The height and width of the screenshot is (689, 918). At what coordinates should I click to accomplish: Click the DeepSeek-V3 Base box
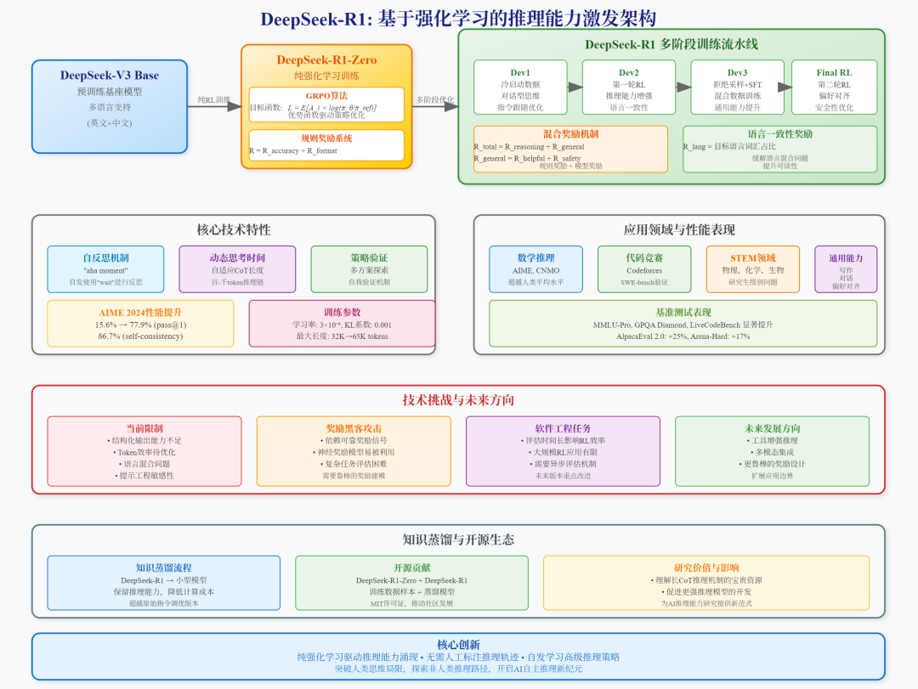(x=109, y=106)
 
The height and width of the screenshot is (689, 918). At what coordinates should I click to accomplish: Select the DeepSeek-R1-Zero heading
(x=326, y=60)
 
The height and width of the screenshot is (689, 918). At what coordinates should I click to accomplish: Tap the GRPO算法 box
(x=326, y=104)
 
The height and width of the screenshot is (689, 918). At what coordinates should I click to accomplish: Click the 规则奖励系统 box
(x=326, y=145)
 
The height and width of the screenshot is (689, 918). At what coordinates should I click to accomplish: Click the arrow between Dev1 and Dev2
(x=575, y=87)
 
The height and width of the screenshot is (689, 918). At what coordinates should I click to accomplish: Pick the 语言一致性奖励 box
(x=779, y=149)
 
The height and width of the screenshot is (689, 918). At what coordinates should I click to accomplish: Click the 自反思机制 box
(x=106, y=269)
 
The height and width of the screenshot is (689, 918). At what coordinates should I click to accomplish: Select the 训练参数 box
(x=342, y=323)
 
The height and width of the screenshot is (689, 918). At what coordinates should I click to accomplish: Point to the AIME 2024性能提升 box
(x=140, y=323)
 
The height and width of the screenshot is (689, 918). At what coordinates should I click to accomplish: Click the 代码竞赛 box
(x=644, y=269)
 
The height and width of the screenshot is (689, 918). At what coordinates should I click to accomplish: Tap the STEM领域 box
(x=752, y=269)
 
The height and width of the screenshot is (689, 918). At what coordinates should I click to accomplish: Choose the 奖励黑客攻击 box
(x=354, y=451)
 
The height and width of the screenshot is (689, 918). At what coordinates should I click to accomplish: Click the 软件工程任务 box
(x=563, y=451)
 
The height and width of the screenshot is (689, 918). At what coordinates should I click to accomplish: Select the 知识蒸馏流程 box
(x=164, y=583)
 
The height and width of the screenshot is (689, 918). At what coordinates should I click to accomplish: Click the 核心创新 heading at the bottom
(x=458, y=644)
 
